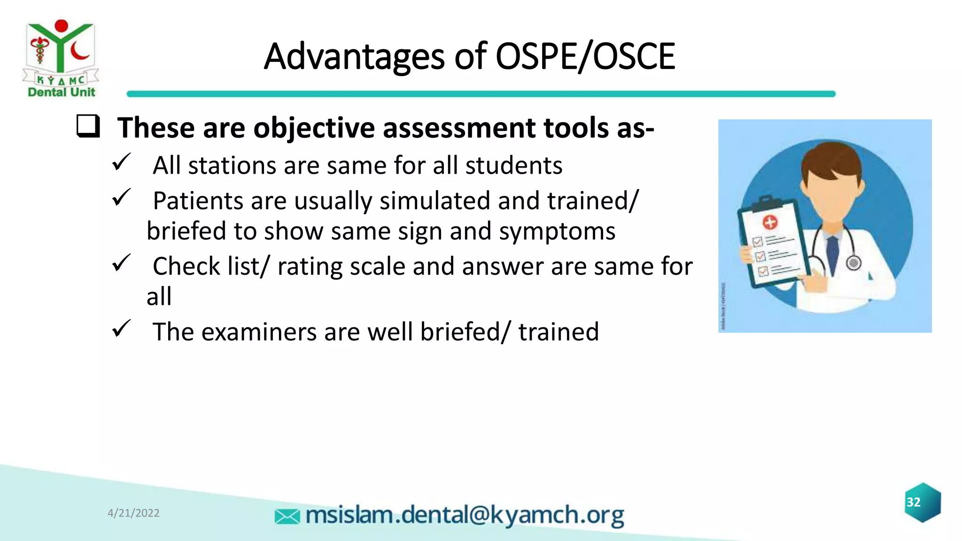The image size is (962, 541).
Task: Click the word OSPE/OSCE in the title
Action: click(585, 56)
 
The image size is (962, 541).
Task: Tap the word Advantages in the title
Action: click(354, 56)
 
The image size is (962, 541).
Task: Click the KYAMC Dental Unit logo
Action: click(61, 58)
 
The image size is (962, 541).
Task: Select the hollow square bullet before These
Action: click(88, 126)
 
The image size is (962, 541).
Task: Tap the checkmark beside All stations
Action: click(121, 162)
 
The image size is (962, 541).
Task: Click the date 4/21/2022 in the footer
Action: click(133, 513)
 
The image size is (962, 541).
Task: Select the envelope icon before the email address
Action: click(287, 517)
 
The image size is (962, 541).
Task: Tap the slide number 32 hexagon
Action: click(923, 502)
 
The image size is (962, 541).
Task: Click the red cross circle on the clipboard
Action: click(769, 222)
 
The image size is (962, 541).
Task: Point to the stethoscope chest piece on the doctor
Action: click(853, 263)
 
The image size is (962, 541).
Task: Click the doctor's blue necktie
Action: click(832, 254)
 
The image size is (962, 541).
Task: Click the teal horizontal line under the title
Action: click(481, 94)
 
